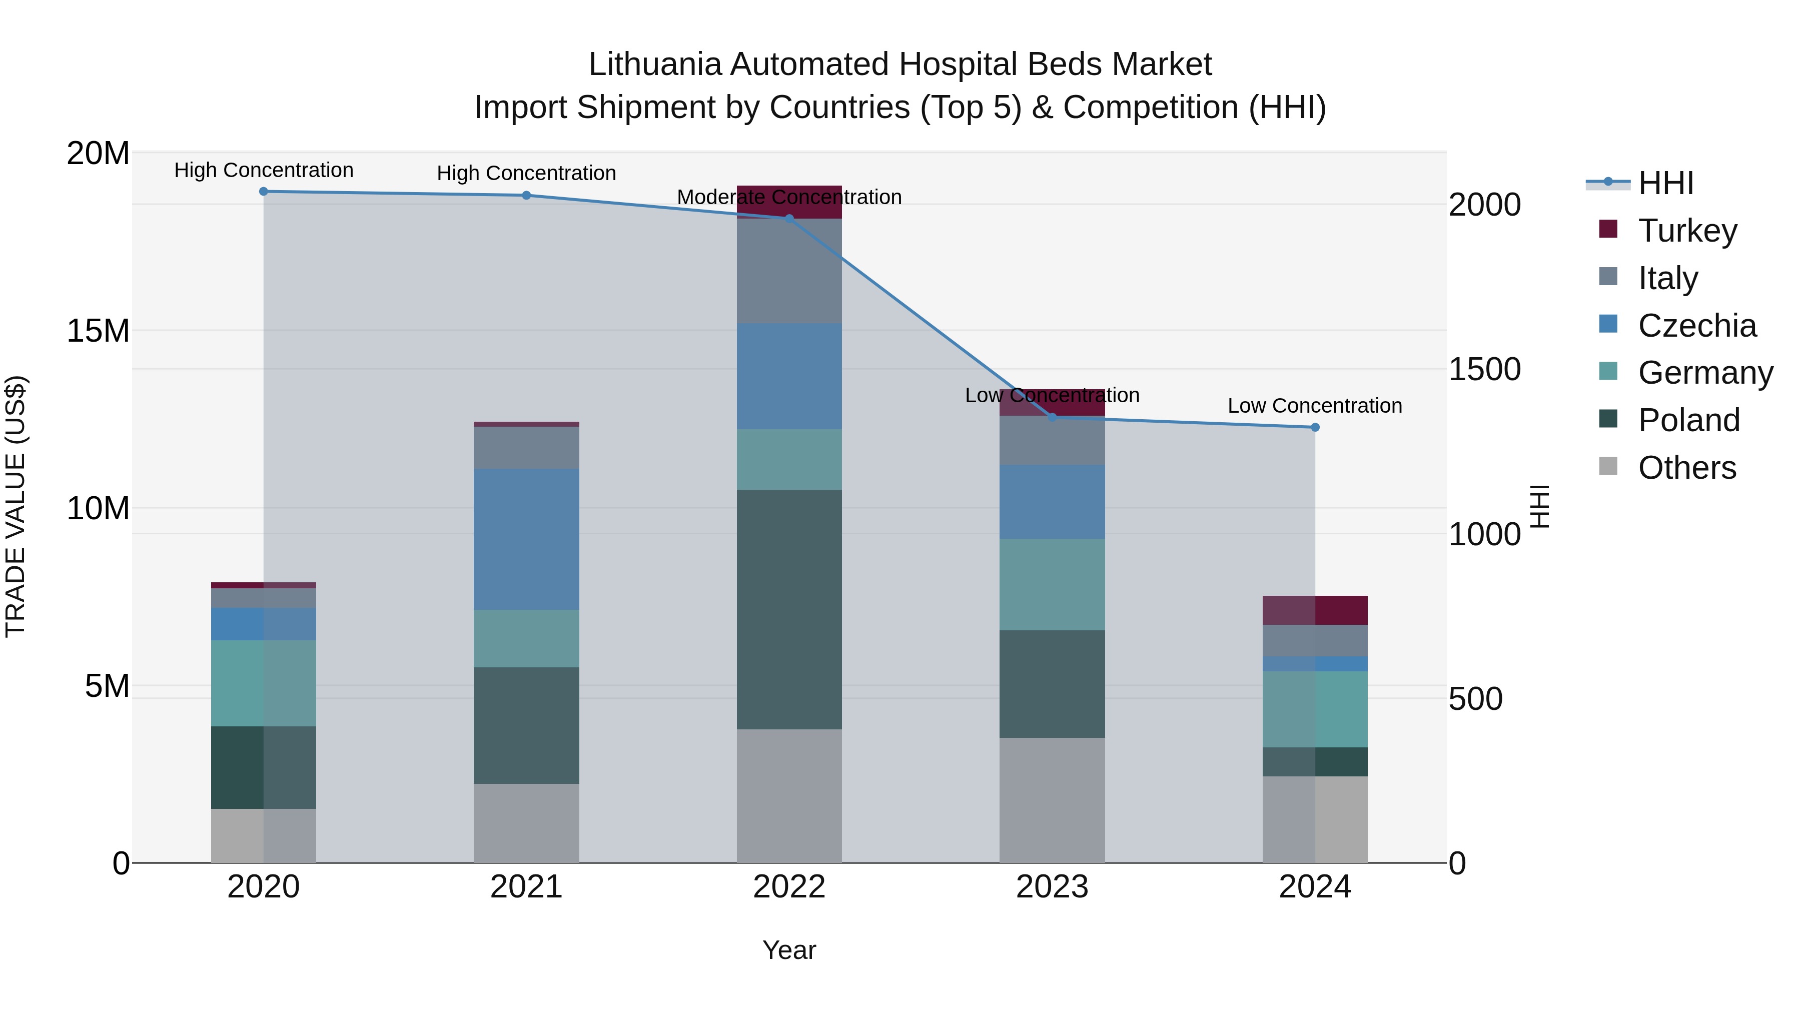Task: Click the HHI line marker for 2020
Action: click(x=264, y=192)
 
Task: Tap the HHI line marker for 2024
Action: click(x=1315, y=427)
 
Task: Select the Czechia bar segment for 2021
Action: click(x=526, y=539)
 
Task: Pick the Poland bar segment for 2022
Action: click(x=789, y=610)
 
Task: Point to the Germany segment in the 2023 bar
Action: click(x=1052, y=584)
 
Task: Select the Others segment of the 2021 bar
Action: click(x=526, y=823)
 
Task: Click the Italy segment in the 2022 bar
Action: click(x=789, y=271)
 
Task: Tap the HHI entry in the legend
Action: click(x=1665, y=183)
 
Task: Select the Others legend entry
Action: click(x=1686, y=468)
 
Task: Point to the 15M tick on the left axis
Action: click(x=99, y=331)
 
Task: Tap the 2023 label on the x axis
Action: click(x=1052, y=887)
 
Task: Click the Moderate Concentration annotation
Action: click(x=789, y=197)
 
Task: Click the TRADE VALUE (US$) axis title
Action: click(x=16, y=506)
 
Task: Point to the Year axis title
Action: click(x=789, y=950)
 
